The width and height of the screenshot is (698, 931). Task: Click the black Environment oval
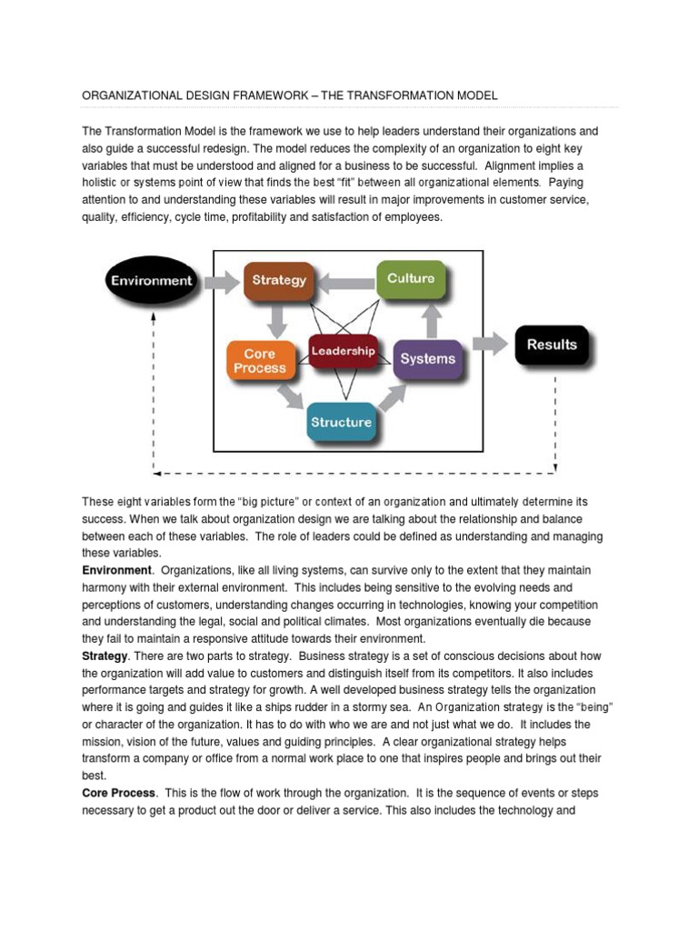pyautogui.click(x=152, y=281)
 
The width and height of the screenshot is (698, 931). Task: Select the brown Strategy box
pyautogui.click(x=278, y=281)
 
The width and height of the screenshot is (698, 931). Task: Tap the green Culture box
pyautogui.click(x=411, y=278)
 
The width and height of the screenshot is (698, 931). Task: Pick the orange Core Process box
pyautogui.click(x=259, y=361)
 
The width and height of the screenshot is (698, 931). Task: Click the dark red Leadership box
pyautogui.click(x=343, y=351)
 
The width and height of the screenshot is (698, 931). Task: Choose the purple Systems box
pyautogui.click(x=427, y=358)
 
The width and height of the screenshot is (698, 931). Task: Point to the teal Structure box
pyautogui.click(x=341, y=423)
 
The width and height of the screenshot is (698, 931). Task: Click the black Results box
pyautogui.click(x=552, y=345)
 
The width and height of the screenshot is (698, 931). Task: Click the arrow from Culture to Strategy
pyautogui.click(x=345, y=280)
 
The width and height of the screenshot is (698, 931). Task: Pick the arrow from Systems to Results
pyautogui.click(x=490, y=345)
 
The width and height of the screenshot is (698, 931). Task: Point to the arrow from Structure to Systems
pyautogui.click(x=391, y=396)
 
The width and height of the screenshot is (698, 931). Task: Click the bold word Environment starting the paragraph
pyautogui.click(x=116, y=570)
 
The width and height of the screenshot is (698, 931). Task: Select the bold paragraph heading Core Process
pyautogui.click(x=119, y=794)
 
